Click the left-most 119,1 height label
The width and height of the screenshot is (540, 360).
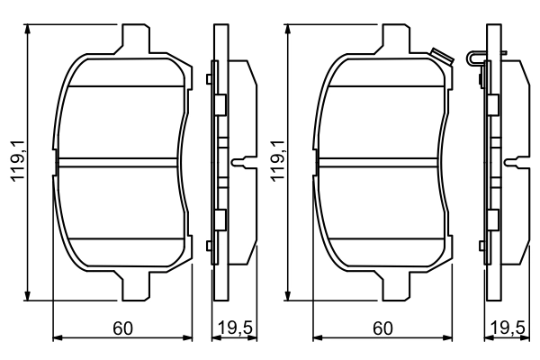[x=16, y=162]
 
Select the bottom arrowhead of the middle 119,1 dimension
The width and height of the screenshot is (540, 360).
[x=290, y=296]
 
